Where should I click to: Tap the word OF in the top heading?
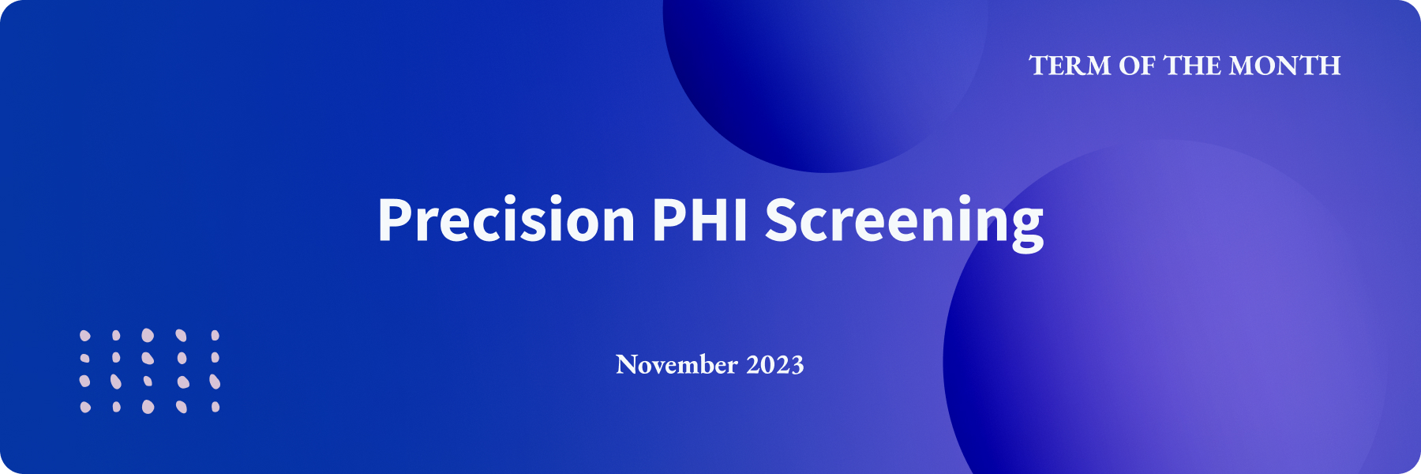tap(1137, 66)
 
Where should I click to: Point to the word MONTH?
tap(1285, 66)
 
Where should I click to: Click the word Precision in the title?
tap(507, 219)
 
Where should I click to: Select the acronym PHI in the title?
tap(699, 220)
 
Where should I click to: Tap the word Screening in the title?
tap(904, 224)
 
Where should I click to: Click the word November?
tap(677, 364)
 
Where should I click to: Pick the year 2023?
tap(775, 365)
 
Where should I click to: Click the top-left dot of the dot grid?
tap(85, 336)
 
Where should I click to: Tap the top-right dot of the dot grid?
tap(215, 336)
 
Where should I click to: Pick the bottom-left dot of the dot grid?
tap(85, 407)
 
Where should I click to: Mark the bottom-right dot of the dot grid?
tap(216, 407)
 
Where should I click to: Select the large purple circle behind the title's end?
tap(1164, 316)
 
